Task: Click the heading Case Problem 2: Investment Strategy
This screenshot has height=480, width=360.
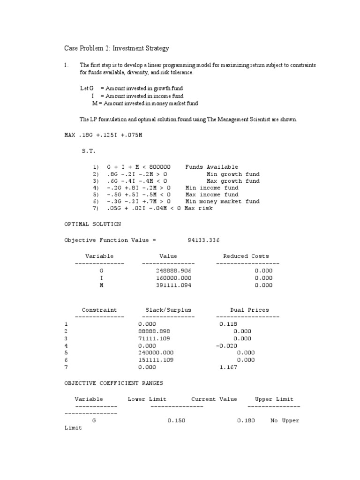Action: (x=116, y=48)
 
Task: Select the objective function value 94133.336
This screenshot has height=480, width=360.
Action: (x=203, y=240)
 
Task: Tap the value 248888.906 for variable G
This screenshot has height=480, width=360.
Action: (x=173, y=271)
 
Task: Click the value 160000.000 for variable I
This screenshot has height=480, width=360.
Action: (x=173, y=278)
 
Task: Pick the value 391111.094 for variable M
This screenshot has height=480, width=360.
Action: (x=173, y=285)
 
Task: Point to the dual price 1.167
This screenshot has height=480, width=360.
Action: (x=228, y=367)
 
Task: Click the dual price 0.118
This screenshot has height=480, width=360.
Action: (x=228, y=324)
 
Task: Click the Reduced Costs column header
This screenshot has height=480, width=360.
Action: (x=246, y=256)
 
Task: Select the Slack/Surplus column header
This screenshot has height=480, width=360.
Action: (x=168, y=310)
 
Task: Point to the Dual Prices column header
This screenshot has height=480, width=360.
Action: (x=249, y=310)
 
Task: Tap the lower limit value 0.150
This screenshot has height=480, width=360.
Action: (x=177, y=420)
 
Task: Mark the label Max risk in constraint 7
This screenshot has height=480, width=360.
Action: (x=198, y=208)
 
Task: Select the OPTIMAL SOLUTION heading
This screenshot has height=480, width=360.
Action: (x=92, y=224)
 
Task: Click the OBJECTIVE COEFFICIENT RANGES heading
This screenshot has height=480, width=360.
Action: (x=113, y=383)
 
